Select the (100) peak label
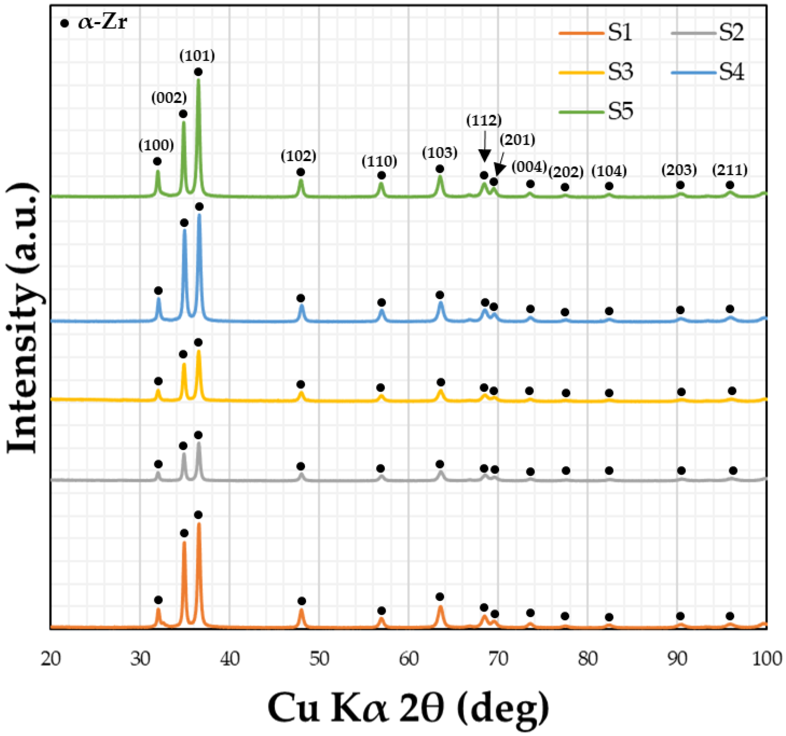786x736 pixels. click(x=156, y=146)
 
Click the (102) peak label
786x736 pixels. click(x=298, y=156)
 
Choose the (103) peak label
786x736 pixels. click(x=440, y=153)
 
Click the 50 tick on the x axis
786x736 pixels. click(x=319, y=659)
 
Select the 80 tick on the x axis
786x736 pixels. click(x=588, y=659)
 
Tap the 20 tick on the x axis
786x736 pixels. click(x=50, y=659)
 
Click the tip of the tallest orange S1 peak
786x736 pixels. click(x=199, y=523)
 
